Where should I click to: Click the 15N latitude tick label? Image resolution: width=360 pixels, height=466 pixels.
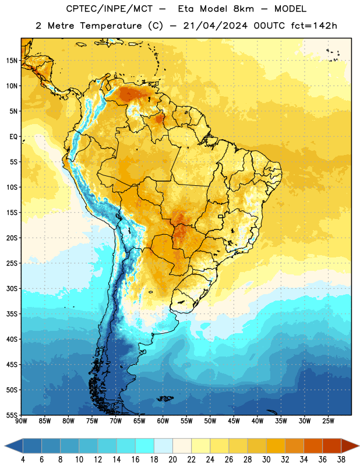coord(12,61)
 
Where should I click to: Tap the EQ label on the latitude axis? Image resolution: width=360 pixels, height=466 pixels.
coord(13,137)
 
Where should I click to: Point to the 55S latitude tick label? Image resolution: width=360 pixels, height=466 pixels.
coord(12,415)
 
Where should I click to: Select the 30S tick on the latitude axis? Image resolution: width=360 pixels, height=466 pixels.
coord(12,288)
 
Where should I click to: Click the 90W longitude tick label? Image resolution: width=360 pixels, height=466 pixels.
coord(21,421)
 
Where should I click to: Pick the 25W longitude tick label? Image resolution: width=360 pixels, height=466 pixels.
coord(328,421)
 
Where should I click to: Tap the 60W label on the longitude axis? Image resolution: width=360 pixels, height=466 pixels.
coord(163,421)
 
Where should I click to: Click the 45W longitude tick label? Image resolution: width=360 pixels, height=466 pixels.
coord(234,421)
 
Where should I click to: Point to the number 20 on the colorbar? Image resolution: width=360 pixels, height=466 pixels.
coord(172,460)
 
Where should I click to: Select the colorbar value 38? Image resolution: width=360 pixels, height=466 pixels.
coord(341,460)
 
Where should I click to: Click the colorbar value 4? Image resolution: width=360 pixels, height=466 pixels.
coord(23,460)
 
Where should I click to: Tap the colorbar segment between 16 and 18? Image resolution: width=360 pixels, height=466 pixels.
coord(145,446)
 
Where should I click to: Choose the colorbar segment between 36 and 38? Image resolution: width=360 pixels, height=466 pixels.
coord(332,446)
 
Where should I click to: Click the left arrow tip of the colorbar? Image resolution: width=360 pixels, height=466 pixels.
coord(5,446)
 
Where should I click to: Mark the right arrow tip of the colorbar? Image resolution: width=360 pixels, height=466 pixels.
coord(359,446)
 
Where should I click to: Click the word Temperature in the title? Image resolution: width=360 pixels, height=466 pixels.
coord(111,26)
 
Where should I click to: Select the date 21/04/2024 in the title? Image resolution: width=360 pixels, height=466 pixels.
coord(216,26)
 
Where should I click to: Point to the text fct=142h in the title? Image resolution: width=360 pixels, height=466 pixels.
coord(314,26)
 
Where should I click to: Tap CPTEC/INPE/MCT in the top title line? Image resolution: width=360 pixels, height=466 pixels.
coord(109,9)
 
